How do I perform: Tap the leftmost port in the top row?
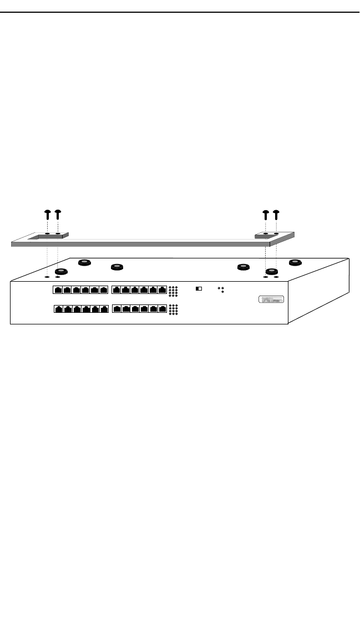58,289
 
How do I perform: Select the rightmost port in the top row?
161,289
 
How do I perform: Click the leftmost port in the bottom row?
58,309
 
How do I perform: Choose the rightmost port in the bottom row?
161,309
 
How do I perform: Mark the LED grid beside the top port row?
173,290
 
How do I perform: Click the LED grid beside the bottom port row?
173,309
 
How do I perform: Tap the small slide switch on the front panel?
199,288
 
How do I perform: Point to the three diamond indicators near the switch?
221,289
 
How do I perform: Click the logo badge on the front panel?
271,300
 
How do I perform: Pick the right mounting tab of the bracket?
271,235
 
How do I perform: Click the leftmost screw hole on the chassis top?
47,276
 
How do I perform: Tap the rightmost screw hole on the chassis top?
276,276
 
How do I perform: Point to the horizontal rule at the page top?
180,12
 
